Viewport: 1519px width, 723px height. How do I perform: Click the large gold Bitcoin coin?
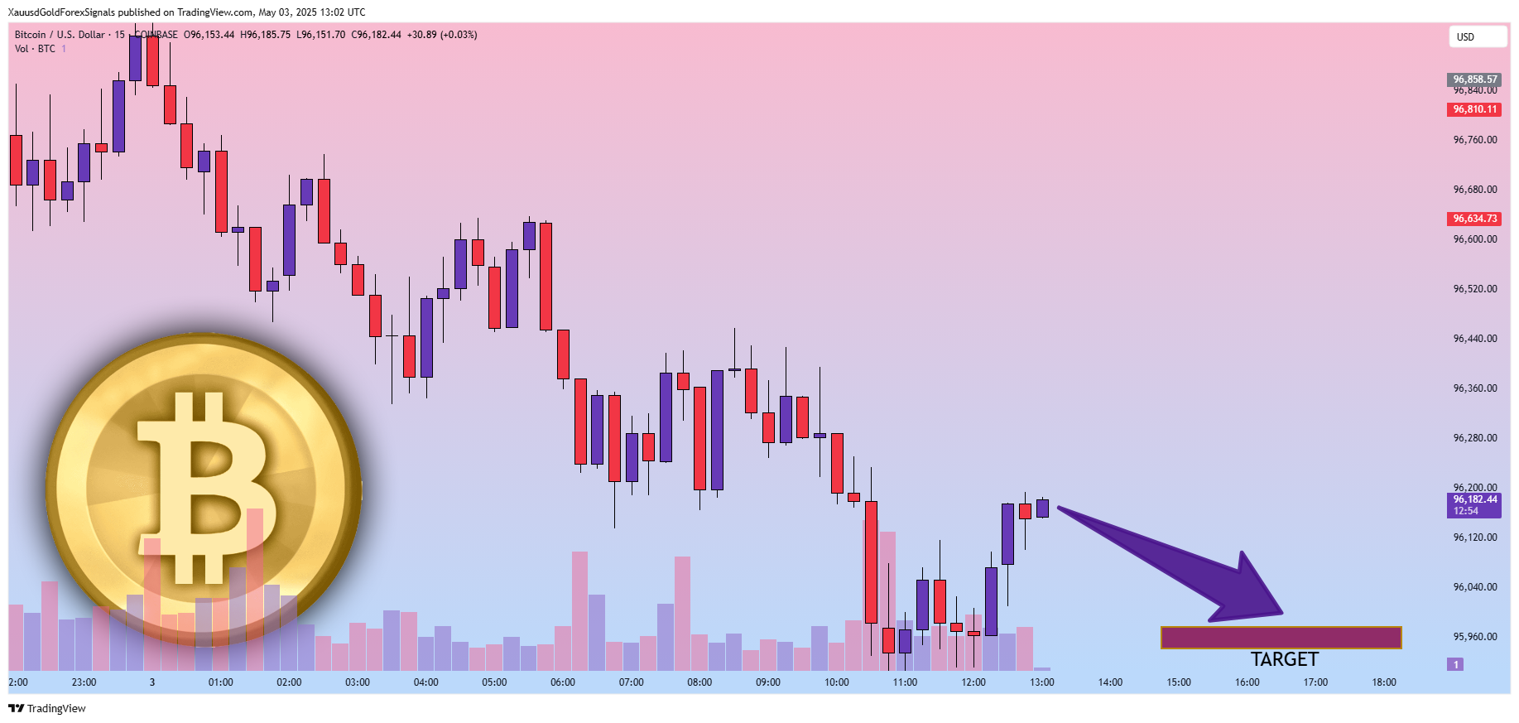204,489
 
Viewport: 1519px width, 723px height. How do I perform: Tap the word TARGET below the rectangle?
1284,659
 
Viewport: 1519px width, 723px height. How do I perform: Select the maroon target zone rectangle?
1281,637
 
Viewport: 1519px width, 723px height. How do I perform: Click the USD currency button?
1476,36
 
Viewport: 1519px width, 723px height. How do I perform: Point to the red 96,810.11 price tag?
1474,109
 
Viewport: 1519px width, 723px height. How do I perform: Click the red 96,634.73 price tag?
1474,219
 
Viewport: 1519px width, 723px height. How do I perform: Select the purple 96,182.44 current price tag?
1474,504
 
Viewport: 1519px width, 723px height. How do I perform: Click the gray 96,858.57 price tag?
1474,80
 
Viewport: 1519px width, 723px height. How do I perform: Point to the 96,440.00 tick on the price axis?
1474,339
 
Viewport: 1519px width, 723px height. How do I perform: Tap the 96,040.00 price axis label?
1474,587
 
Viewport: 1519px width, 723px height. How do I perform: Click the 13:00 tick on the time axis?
1041,682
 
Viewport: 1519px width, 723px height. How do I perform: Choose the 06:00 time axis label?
563,682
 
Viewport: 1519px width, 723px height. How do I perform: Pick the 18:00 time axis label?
1383,682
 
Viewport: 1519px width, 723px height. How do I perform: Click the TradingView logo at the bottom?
47,708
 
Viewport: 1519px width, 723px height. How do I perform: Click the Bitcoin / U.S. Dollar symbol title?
60,35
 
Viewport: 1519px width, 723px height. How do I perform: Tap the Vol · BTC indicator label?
35,49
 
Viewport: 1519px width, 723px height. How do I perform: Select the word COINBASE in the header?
156,35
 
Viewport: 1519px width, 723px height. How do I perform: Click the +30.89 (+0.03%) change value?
442,35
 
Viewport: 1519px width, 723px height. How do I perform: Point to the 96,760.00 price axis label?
1474,140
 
